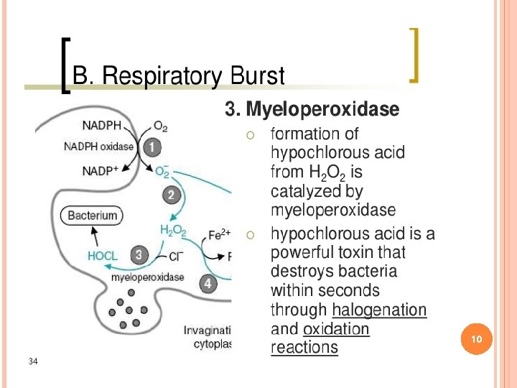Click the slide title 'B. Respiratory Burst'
click(180, 76)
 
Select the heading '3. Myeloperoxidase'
click(312, 109)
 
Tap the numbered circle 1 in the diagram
click(152, 147)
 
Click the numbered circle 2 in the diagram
click(171, 194)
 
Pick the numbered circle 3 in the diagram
click(139, 254)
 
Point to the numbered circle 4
click(208, 284)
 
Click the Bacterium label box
click(92, 215)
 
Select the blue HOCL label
click(103, 255)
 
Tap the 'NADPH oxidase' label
click(99, 147)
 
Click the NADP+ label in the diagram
click(101, 170)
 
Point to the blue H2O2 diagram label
click(173, 231)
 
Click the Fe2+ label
click(219, 234)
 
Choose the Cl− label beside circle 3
click(177, 256)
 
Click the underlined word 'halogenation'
click(379, 310)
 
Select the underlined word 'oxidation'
click(336, 329)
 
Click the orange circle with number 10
click(476, 338)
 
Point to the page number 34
click(33, 360)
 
